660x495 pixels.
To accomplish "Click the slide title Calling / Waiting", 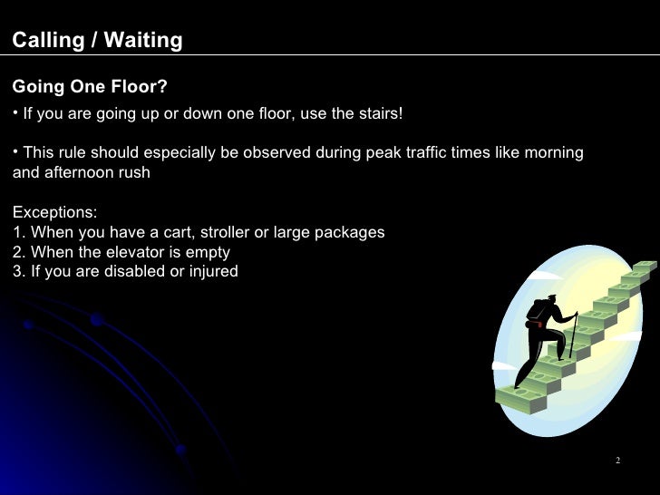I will (x=97, y=41).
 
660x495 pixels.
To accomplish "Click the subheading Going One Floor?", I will (x=90, y=86).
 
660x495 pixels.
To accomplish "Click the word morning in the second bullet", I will (x=554, y=152).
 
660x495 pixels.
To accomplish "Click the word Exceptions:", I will (x=54, y=212).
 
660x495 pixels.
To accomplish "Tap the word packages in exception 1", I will (x=352, y=232).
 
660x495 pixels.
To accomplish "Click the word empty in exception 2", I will (x=208, y=252).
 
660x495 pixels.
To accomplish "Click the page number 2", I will (x=617, y=461).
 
